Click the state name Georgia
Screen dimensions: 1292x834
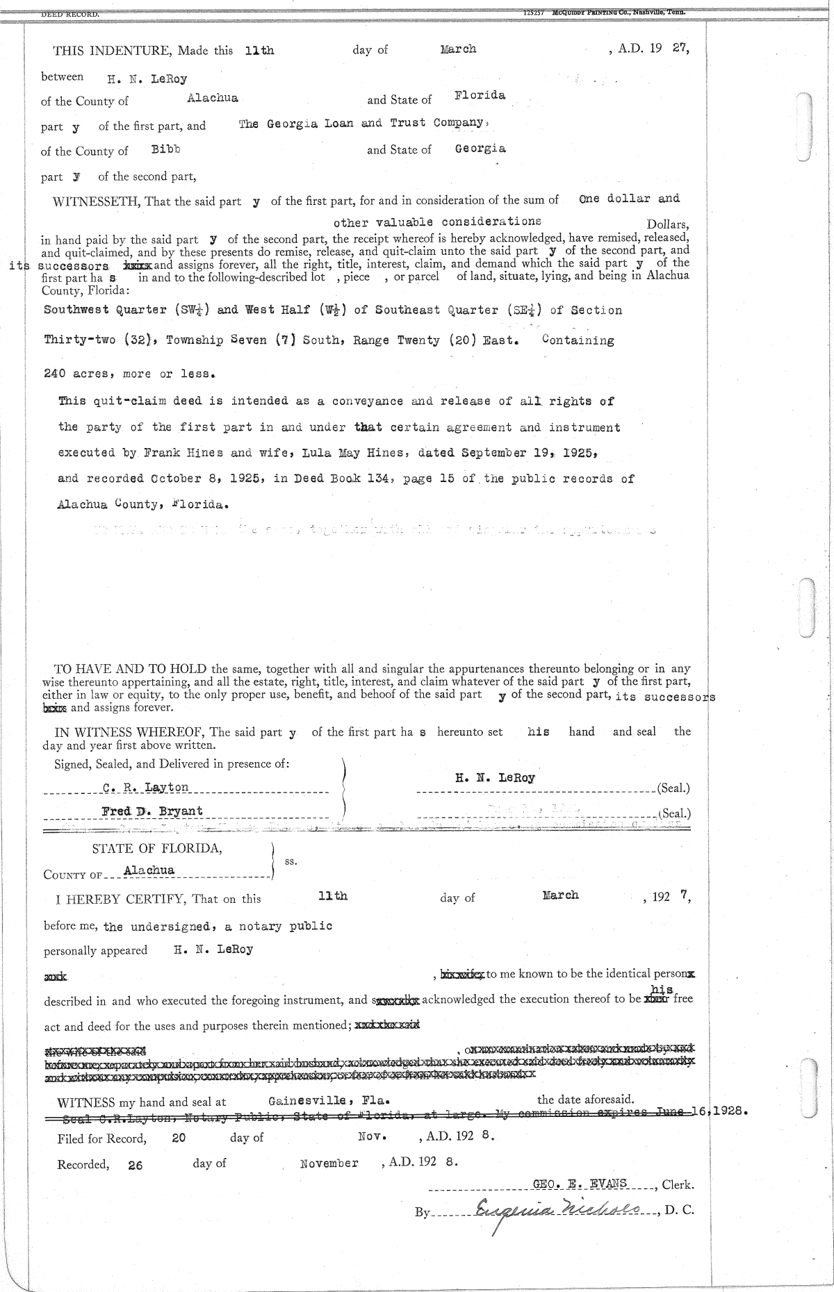pyautogui.click(x=480, y=149)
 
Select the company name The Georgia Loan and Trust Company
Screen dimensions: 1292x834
pyautogui.click(x=361, y=124)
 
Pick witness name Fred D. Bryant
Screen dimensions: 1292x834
pyautogui.click(x=152, y=811)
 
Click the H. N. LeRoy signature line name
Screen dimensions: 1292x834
pyautogui.click(x=495, y=778)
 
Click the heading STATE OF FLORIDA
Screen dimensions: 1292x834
pyautogui.click(x=157, y=848)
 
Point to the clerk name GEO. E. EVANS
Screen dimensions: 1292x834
pyautogui.click(x=580, y=1184)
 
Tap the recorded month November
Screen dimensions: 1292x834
pyautogui.click(x=329, y=1163)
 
